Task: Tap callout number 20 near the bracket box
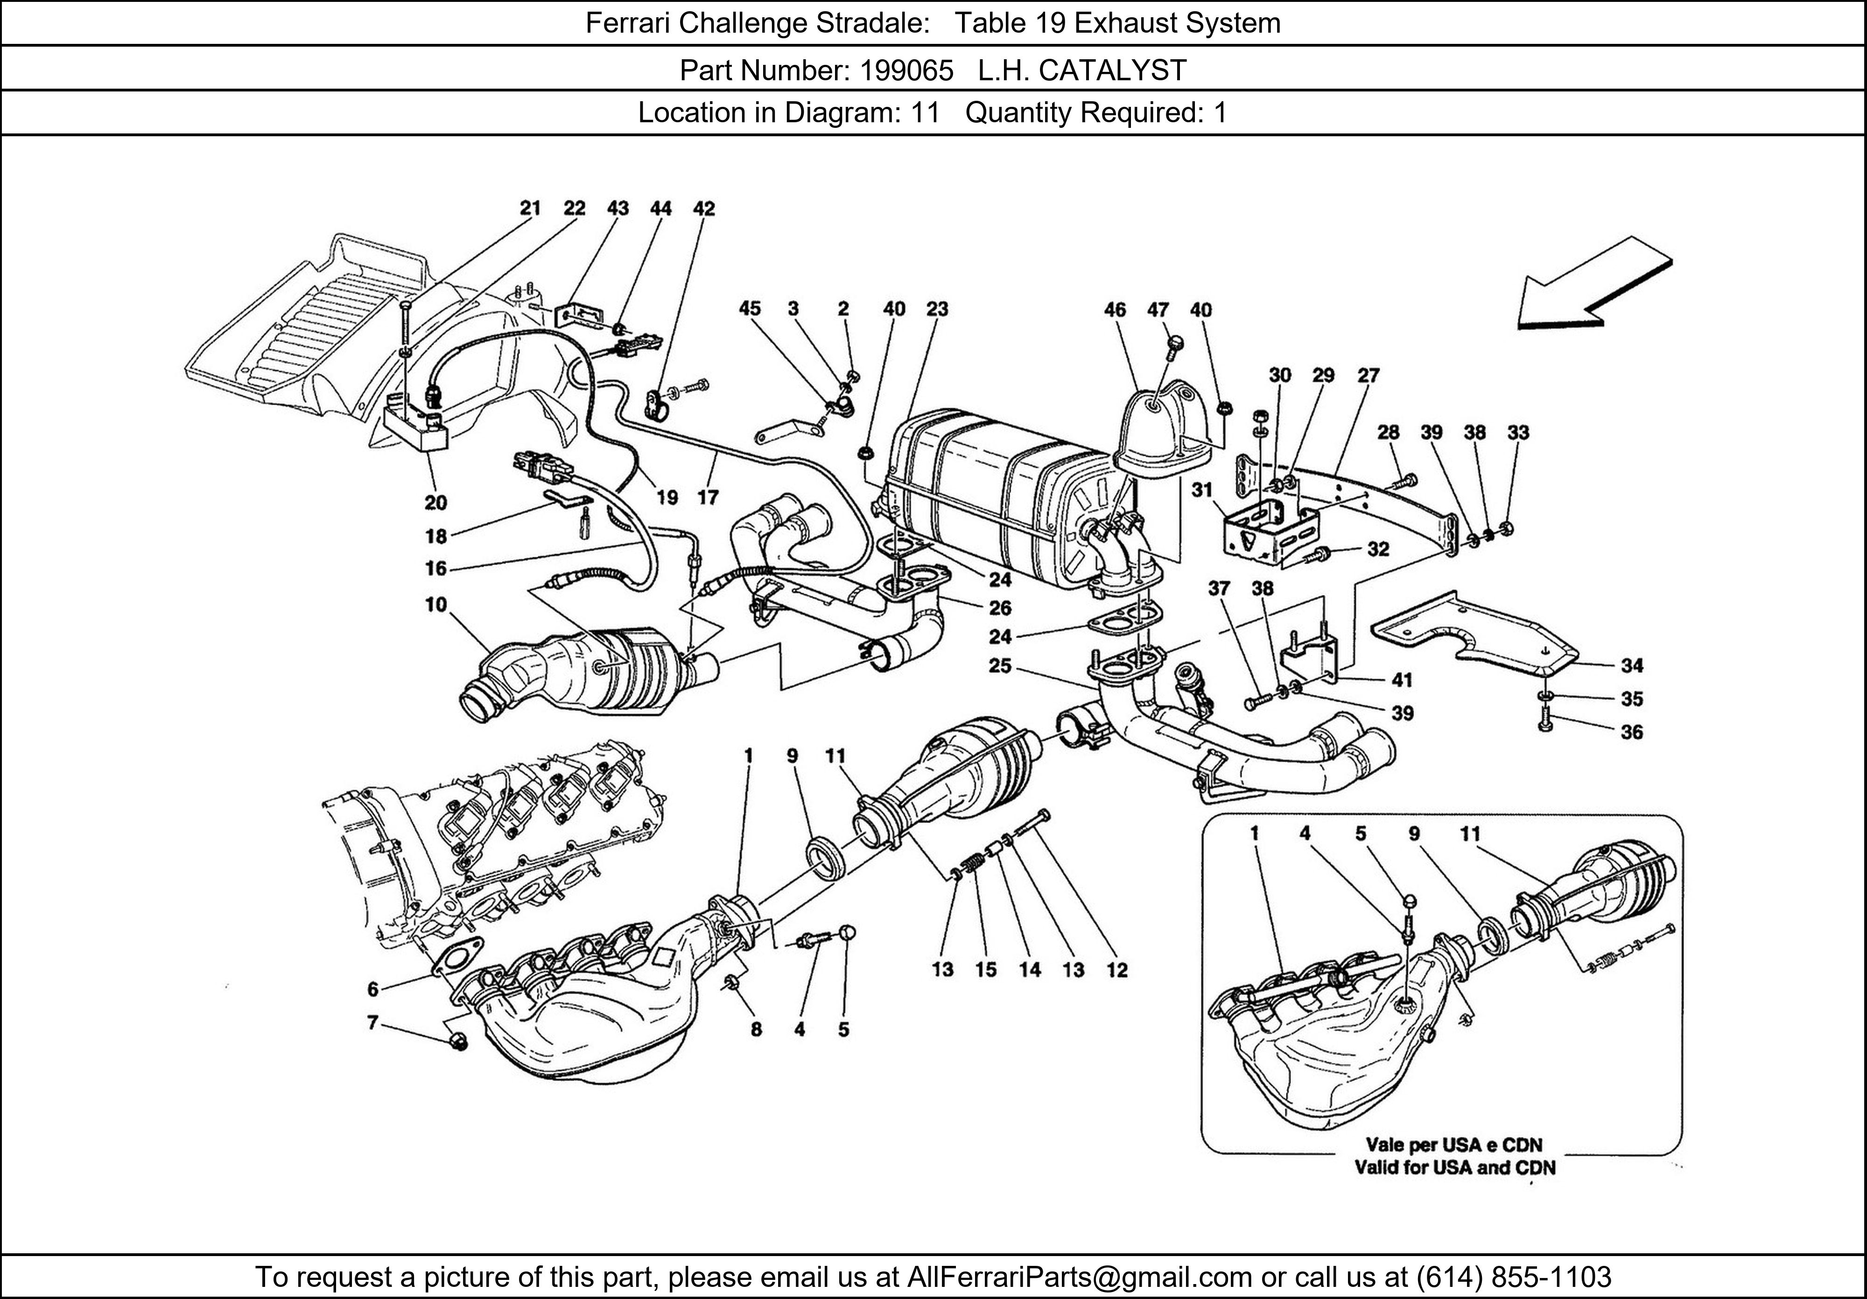point(436,503)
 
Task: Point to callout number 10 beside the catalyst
point(436,605)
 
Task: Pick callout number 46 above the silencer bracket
point(1115,310)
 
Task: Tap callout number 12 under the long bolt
point(1117,970)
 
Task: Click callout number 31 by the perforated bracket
point(1202,490)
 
